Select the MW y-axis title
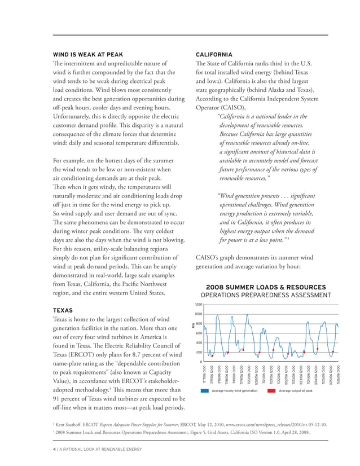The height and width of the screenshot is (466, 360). tap(192, 326)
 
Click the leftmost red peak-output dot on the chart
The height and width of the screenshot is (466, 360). tap(212, 356)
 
